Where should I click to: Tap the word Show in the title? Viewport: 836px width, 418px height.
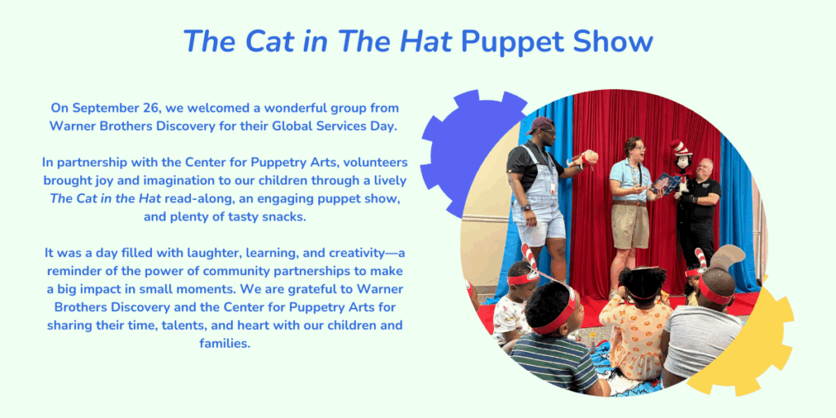click(x=614, y=41)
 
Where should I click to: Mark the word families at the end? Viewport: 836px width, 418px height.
click(x=225, y=344)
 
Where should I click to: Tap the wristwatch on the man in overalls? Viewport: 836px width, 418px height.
click(x=527, y=207)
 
